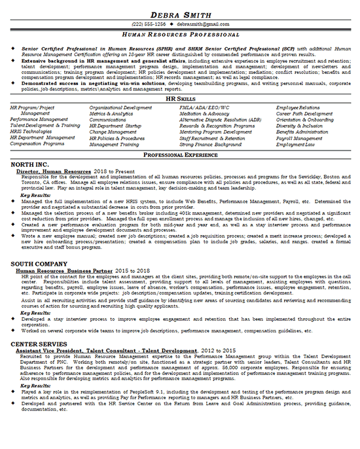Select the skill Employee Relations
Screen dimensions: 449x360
pyautogui.click(x=297, y=107)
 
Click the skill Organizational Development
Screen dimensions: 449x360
pyautogui.click(x=120, y=107)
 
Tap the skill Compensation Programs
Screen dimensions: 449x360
pyautogui.click(x=38, y=145)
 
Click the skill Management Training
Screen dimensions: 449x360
pyautogui.click(x=115, y=145)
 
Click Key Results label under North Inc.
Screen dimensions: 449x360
pyautogui.click(x=35, y=195)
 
